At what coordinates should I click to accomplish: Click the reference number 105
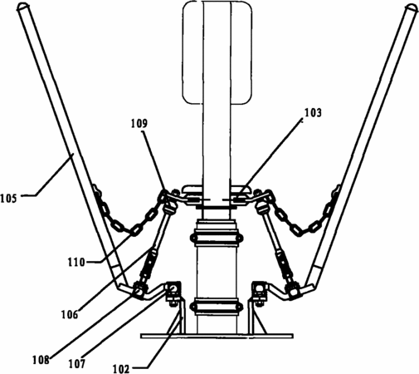(8, 199)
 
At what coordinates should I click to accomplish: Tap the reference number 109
(139, 124)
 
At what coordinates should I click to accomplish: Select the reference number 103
(313, 113)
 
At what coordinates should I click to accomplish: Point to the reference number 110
(76, 262)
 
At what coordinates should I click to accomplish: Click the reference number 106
(70, 315)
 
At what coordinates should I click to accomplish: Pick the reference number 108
(41, 360)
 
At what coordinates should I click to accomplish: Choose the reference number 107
(77, 363)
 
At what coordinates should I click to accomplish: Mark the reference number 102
(121, 369)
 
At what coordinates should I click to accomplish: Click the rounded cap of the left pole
(22, 7)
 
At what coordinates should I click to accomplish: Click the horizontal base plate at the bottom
(217, 336)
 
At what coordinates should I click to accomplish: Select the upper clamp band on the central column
(217, 238)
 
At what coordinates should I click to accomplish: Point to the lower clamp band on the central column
(217, 307)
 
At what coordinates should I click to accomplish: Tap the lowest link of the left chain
(134, 231)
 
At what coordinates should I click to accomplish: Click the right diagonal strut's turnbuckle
(280, 261)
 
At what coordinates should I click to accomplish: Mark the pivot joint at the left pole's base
(138, 289)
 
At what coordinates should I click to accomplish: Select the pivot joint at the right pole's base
(295, 291)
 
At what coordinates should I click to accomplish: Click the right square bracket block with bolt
(260, 290)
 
